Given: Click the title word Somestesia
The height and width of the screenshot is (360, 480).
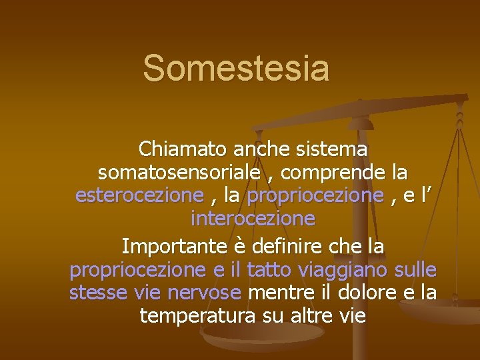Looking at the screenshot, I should [x=236, y=68].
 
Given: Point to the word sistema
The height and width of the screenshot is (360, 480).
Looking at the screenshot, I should [x=333, y=149].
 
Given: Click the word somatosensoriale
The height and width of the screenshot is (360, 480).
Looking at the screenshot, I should [x=179, y=173].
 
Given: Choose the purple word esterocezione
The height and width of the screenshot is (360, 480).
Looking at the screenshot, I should [x=139, y=195].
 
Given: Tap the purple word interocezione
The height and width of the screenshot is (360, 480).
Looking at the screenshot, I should [x=253, y=218].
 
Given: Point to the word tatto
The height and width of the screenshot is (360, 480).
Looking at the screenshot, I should [x=269, y=270].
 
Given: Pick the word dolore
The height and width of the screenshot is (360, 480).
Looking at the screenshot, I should [x=363, y=293].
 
